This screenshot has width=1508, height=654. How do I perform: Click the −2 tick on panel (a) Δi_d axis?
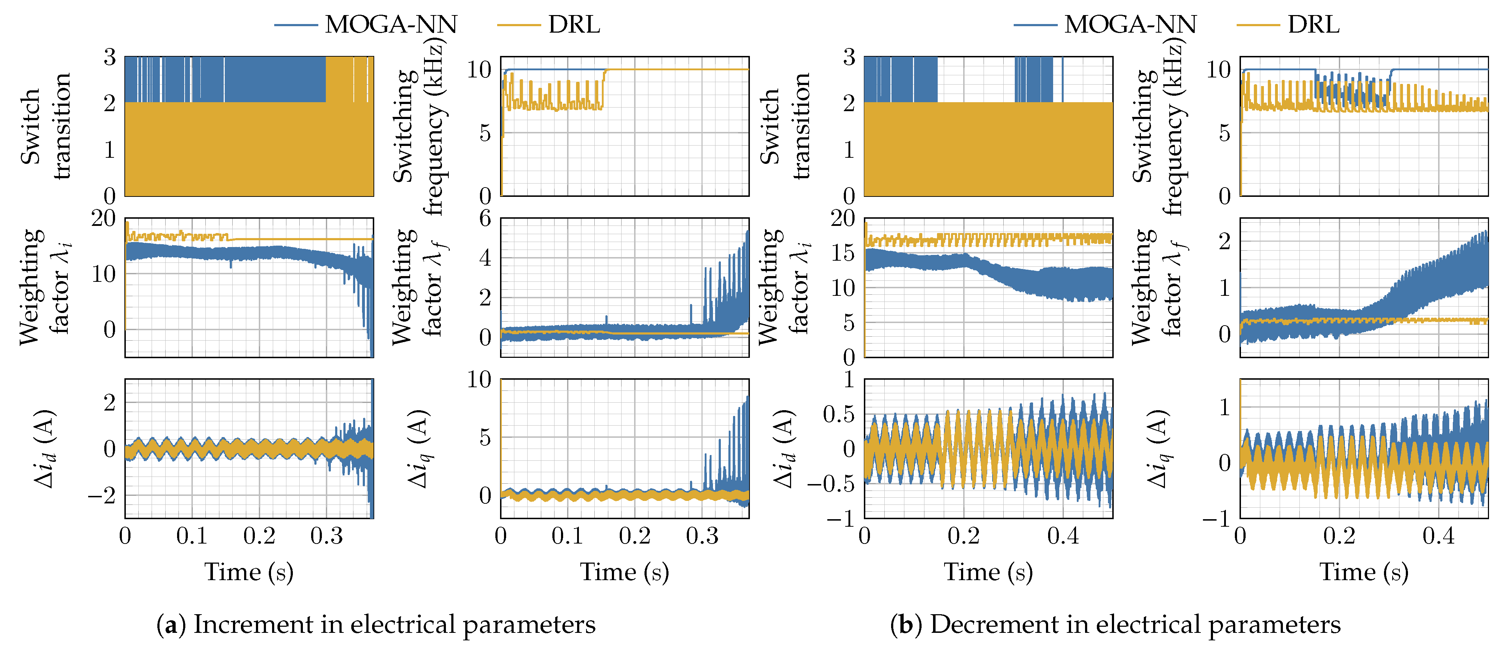point(103,495)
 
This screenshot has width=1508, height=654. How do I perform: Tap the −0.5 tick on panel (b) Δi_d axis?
point(831,484)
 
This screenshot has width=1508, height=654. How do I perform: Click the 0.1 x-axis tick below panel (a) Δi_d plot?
point(192,536)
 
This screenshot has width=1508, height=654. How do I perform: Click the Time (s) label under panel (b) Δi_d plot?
point(988,572)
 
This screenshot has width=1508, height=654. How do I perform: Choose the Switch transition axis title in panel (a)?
point(46,126)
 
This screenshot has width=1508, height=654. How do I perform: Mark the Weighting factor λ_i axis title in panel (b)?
point(784,287)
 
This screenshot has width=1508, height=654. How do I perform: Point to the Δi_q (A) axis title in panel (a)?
point(419,449)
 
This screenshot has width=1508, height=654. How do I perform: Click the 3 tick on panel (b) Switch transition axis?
point(849,57)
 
